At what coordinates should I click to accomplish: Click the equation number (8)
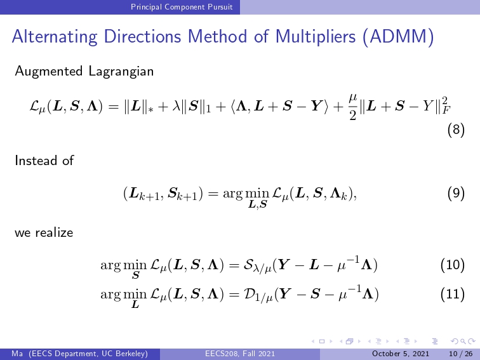pos(456,130)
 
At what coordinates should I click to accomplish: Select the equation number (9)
pos(456,194)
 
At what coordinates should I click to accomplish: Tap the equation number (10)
pos(453,265)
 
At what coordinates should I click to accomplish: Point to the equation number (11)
pos(453,294)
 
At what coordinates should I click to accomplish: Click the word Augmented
pos(49,72)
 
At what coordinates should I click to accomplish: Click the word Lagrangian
pos(121,72)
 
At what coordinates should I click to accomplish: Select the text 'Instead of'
pos(44,161)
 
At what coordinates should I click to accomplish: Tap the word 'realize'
pos(54,232)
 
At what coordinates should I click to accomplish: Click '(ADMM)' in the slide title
pos(398,37)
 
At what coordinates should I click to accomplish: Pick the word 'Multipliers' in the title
pos(316,37)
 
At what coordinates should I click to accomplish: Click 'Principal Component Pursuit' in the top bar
pos(182,7)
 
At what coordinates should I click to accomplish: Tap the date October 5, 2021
pos(401,354)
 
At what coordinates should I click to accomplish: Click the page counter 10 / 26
pos(460,354)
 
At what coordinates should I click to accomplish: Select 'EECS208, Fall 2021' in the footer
pos(240,354)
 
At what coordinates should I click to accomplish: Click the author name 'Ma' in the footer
pos(17,354)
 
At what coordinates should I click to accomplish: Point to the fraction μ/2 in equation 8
pos(352,107)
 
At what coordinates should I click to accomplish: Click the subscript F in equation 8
pos(446,110)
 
